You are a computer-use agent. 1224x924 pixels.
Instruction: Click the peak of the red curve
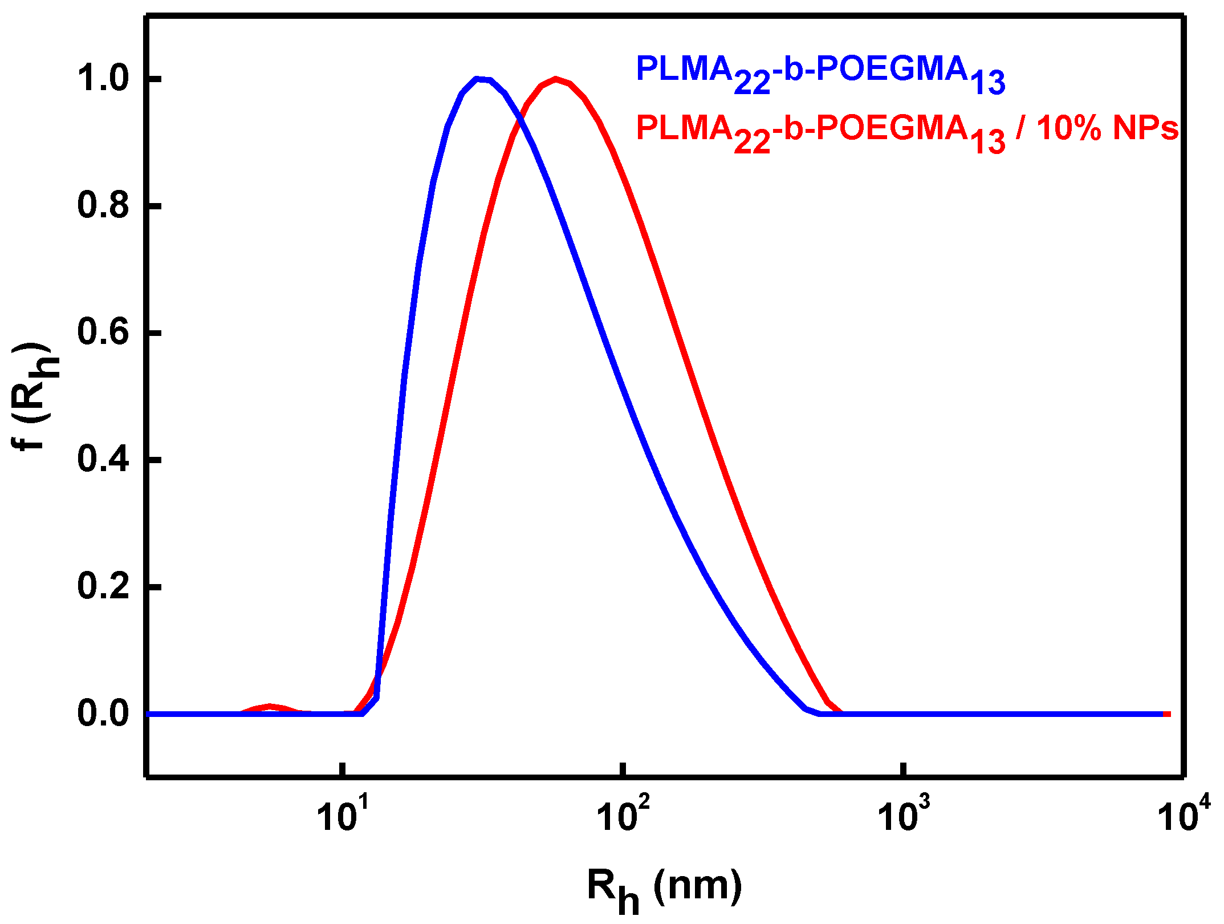[556, 79]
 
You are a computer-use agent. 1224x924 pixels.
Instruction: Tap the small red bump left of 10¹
[270, 707]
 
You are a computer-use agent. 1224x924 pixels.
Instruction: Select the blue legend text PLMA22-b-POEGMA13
[820, 73]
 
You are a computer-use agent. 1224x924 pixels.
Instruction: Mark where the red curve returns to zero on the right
[841, 713]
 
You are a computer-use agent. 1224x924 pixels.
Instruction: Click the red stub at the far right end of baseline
[1167, 714]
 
